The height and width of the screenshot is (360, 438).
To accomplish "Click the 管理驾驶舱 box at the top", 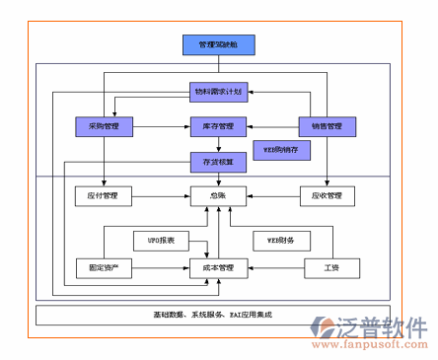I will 218,44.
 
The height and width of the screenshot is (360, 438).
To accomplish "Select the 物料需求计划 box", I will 218,94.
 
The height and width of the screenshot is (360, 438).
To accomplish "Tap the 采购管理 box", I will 104,126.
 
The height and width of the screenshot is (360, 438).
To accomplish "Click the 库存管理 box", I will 218,126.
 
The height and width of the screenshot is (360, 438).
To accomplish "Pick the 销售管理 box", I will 327,126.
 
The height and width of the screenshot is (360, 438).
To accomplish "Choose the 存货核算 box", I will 218,160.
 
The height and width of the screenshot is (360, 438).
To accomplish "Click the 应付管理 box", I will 104,196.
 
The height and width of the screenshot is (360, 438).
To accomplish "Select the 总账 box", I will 218,196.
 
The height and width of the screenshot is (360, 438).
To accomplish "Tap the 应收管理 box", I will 327,196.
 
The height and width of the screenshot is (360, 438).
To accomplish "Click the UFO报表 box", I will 161,240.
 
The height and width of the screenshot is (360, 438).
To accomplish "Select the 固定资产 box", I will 104,267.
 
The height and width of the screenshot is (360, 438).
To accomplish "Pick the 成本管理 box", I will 218,267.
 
